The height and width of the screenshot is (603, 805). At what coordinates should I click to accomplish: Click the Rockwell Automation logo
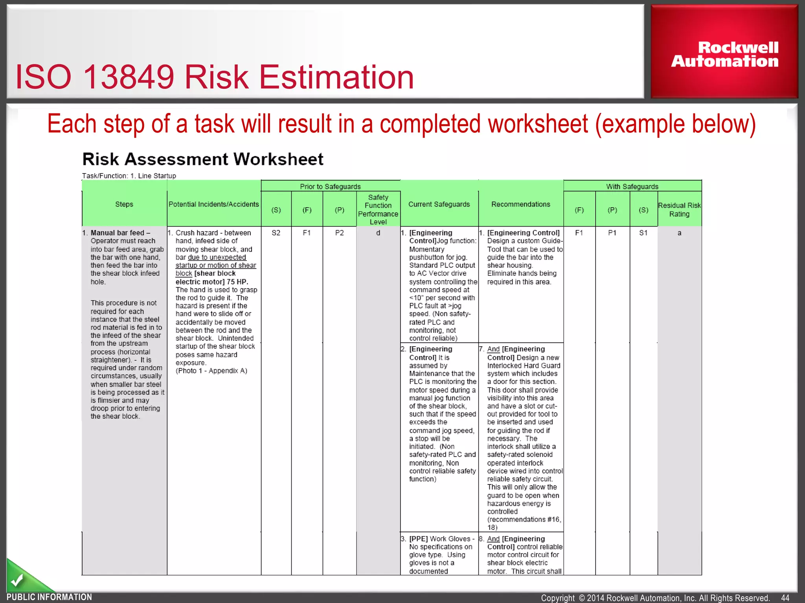coord(724,54)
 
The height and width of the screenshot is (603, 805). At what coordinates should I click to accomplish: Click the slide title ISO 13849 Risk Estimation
coord(215,77)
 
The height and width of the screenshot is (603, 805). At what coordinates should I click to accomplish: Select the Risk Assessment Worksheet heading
coord(203,159)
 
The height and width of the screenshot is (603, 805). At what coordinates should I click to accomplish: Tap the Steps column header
coord(124,204)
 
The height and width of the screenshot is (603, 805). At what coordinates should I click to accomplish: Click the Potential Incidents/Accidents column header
coord(213,204)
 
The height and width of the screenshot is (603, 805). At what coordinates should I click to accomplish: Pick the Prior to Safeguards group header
coord(330,186)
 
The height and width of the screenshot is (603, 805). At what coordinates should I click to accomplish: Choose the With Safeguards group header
coord(632,186)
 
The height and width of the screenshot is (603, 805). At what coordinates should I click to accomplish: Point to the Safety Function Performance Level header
coord(378,210)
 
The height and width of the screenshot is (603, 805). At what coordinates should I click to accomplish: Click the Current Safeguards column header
coord(439,204)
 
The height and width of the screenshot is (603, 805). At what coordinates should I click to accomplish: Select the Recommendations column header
coord(520,204)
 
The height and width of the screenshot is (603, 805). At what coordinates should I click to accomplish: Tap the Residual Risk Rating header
coord(679,210)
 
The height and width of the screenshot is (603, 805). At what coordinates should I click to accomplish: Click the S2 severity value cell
coord(276,233)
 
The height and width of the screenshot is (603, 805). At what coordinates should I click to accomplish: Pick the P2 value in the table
coord(339,233)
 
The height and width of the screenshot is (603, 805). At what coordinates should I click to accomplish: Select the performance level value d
coord(378,233)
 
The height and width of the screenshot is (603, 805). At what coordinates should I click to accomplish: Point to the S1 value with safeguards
coord(643,233)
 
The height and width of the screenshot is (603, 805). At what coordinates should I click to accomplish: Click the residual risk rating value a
coord(679,233)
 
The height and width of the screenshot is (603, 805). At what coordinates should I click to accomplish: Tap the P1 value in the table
coord(612,233)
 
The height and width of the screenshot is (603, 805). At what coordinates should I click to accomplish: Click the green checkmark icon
coord(17,579)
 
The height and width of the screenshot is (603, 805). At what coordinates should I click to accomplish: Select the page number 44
coord(785,598)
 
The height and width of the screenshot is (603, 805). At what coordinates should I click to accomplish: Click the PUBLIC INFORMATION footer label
coord(49,597)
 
